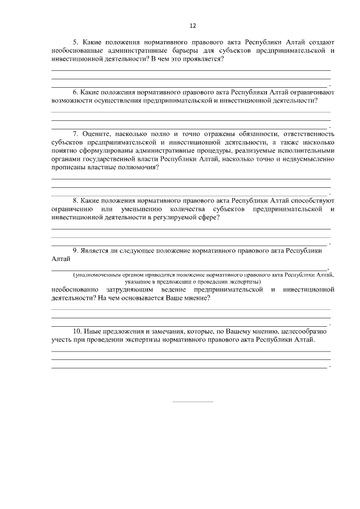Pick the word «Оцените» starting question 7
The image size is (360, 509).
(96, 134)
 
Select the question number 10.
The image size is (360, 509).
(78, 332)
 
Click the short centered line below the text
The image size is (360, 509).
(192, 402)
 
